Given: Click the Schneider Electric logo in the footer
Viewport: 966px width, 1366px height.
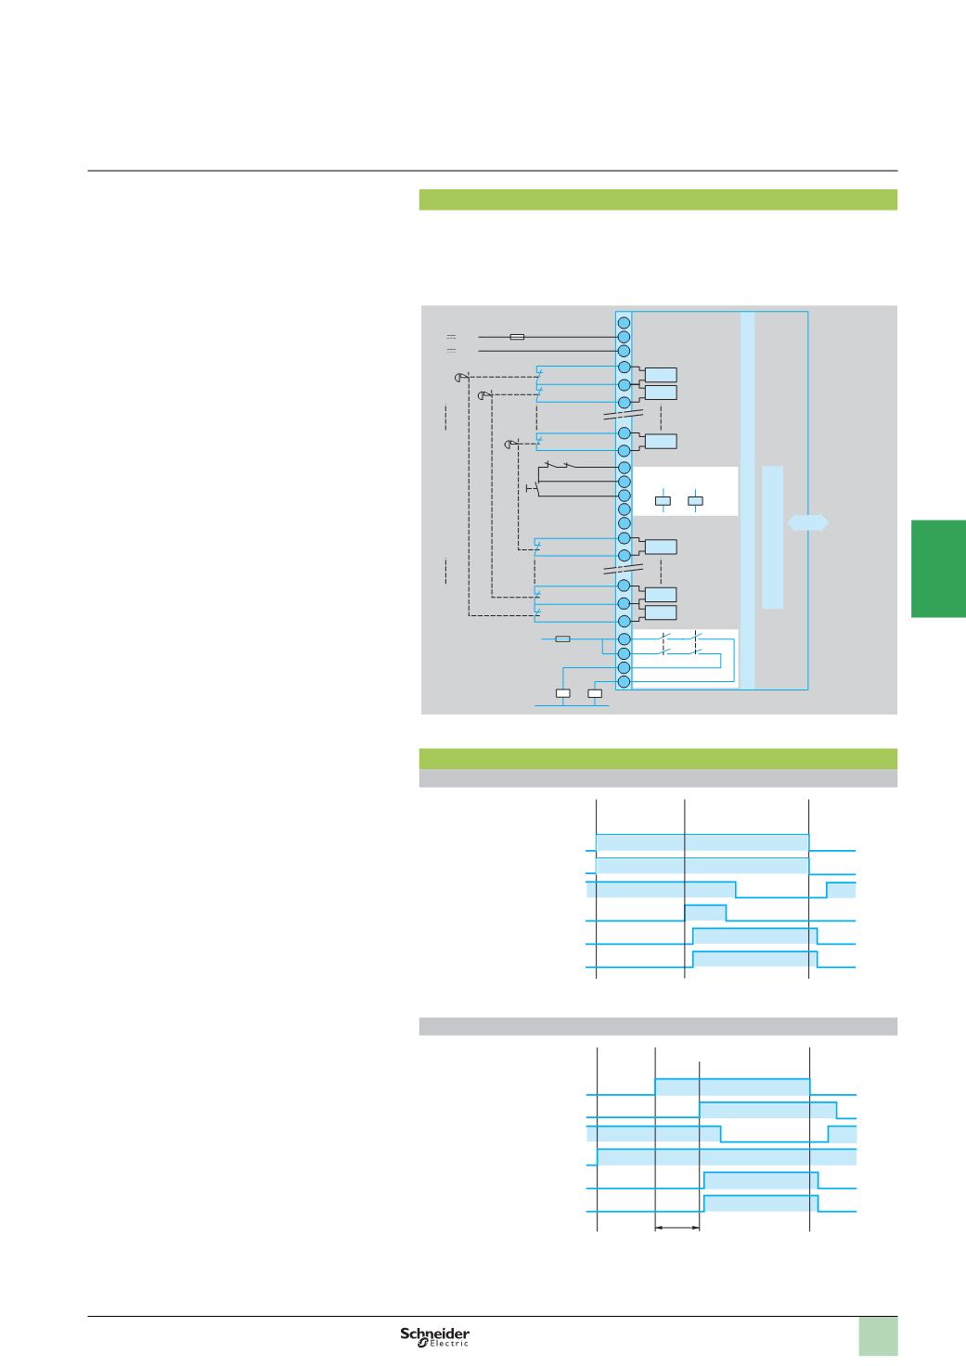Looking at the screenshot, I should pyautogui.click(x=435, y=1336).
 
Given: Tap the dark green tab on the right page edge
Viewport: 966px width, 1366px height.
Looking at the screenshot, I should pyautogui.click(x=938, y=568).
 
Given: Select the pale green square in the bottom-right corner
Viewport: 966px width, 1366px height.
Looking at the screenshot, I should pyautogui.click(x=878, y=1337).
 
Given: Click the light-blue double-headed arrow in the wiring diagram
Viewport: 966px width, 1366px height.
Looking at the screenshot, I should pyautogui.click(x=807, y=523).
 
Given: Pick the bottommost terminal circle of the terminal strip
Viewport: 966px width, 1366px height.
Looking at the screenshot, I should pyautogui.click(x=625, y=682).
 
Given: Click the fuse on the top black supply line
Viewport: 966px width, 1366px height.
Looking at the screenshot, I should pyautogui.click(x=518, y=337).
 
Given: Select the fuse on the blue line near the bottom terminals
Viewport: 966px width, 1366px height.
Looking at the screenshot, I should pyautogui.click(x=561, y=639).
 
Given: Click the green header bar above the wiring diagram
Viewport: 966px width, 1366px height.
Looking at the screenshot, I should pyautogui.click(x=658, y=200).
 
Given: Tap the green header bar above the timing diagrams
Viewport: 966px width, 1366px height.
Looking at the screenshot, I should pyautogui.click(x=658, y=758).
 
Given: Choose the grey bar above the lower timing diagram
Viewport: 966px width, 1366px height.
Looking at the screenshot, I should pyautogui.click(x=658, y=1025).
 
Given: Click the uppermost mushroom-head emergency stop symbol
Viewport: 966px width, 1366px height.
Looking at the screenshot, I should pyautogui.click(x=458, y=377).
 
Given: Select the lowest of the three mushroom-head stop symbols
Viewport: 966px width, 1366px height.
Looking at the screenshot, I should pyautogui.click(x=509, y=444).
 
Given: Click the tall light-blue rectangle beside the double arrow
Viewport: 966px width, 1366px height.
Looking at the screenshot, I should pyautogui.click(x=772, y=537).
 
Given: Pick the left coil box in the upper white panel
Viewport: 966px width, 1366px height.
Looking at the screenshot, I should pyautogui.click(x=663, y=502).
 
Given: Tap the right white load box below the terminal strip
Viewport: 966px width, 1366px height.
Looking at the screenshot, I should pyautogui.click(x=595, y=693).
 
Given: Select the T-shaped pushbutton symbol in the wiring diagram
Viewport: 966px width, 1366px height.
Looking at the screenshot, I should pyautogui.click(x=532, y=487).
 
